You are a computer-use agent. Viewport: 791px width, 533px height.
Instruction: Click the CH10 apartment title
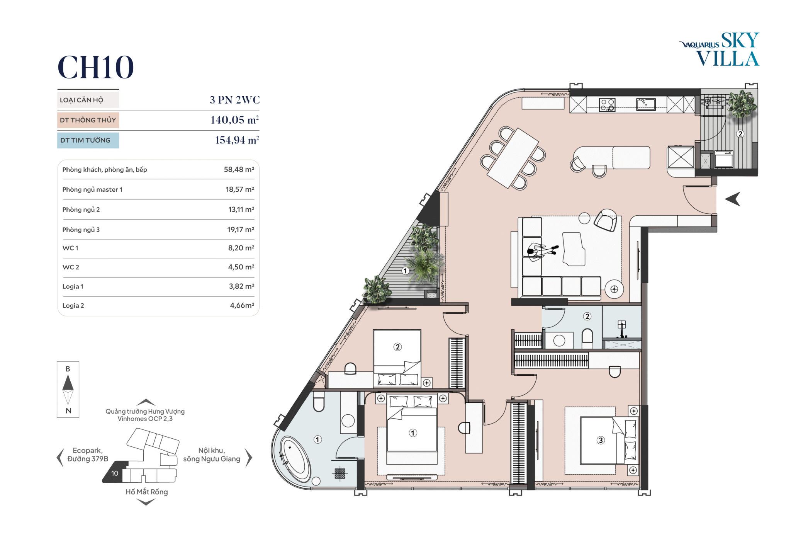tap(95, 67)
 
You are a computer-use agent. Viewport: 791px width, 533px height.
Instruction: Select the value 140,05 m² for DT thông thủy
tap(234, 120)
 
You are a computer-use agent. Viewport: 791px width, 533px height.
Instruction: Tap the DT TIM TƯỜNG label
tap(85, 140)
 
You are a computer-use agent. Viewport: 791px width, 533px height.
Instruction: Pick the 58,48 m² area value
tap(239, 169)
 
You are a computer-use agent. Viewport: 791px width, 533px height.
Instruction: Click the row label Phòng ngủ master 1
tap(92, 189)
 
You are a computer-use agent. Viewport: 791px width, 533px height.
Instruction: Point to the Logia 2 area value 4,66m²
tap(242, 305)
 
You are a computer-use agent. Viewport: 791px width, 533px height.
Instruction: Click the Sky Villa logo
tap(719, 49)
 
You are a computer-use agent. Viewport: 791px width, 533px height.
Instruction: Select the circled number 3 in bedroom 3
tap(601, 440)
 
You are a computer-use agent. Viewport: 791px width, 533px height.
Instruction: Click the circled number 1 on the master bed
tap(413, 433)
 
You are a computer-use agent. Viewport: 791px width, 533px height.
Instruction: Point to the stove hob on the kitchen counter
tap(607, 105)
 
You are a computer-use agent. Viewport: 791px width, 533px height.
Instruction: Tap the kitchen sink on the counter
tap(646, 104)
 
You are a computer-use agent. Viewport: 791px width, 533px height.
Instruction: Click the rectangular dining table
tap(513, 158)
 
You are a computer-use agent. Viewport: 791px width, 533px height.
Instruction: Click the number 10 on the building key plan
tap(115, 473)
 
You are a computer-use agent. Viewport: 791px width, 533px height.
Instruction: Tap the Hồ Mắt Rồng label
tap(147, 492)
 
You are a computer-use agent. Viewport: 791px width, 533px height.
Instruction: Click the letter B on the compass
tap(68, 369)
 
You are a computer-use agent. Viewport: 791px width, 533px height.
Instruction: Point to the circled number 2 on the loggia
tap(740, 134)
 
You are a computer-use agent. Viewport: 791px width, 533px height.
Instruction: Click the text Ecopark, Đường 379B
tap(88, 455)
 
